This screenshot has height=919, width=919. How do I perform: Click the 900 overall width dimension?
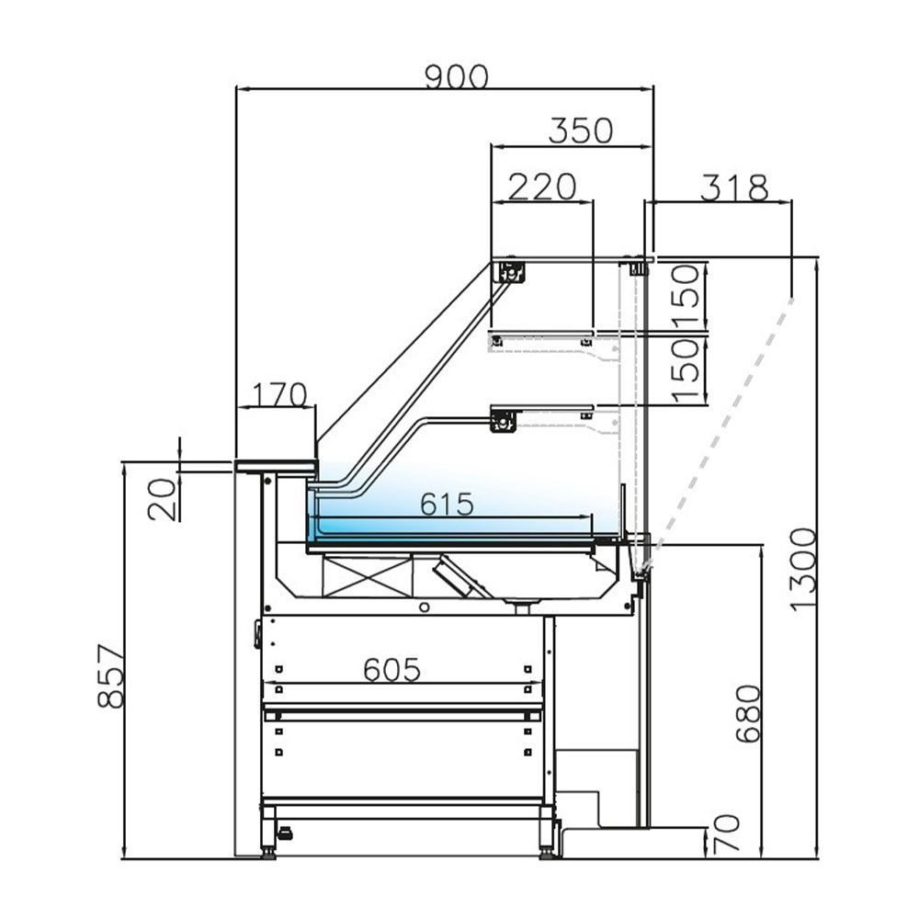(456, 77)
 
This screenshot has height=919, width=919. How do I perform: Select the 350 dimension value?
(580, 131)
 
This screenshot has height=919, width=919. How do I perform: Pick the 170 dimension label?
(275, 395)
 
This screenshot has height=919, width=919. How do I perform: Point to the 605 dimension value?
(391, 670)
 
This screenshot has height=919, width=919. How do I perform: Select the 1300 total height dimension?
(801, 568)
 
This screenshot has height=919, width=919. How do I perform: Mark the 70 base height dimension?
(725, 836)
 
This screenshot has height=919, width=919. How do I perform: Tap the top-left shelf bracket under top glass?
(510, 272)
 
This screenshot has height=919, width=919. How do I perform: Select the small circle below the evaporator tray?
(423, 607)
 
